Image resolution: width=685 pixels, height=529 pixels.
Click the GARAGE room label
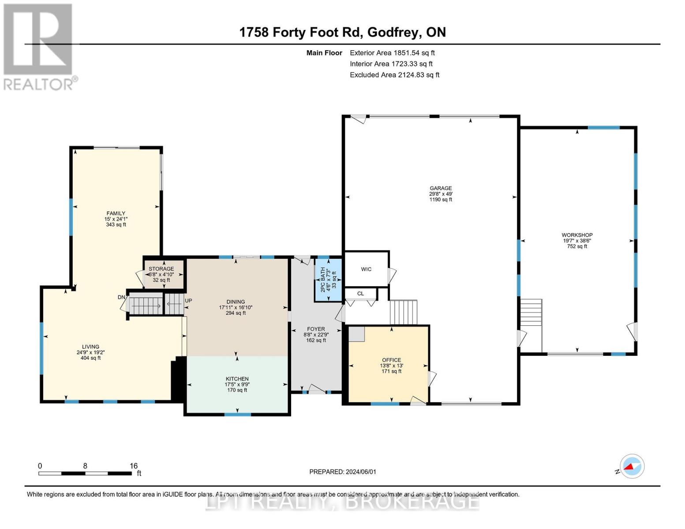coord(441,188)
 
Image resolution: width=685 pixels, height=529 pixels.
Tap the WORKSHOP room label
coord(577,235)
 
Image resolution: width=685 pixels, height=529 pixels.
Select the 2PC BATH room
coord(328,279)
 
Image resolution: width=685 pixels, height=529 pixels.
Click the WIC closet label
coord(366,269)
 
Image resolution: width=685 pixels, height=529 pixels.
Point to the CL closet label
coord(360,294)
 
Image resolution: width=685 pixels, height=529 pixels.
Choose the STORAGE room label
coord(161,269)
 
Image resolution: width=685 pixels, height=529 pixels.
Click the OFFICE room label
coord(391,360)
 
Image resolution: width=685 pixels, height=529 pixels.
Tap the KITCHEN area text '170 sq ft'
coord(237,390)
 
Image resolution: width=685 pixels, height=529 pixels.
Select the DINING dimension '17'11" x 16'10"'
coord(236,308)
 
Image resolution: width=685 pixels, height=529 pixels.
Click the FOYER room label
coord(316,329)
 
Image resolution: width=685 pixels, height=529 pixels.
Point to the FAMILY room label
coord(116,213)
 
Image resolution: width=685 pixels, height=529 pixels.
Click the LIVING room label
coord(90,347)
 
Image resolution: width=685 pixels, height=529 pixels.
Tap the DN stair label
coord(121,298)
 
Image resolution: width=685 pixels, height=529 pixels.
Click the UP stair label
coord(188,301)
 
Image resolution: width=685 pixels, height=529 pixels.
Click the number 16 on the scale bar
coord(134,466)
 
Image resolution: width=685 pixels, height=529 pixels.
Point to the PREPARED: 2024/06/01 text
coord(343,472)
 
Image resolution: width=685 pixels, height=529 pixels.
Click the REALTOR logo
coord(39,46)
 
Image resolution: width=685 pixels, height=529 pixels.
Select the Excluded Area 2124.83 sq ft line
coord(394,75)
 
